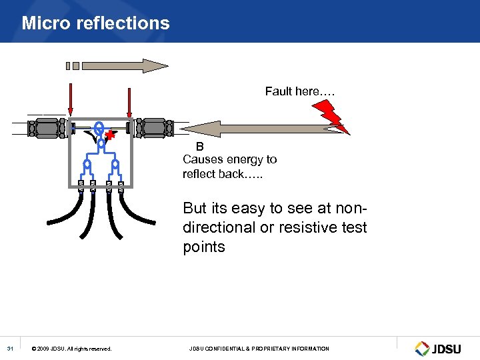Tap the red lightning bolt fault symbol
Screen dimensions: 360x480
click(335, 118)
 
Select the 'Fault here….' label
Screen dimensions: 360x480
click(299, 91)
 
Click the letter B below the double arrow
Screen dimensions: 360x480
click(199, 147)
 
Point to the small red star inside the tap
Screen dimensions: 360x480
click(110, 137)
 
